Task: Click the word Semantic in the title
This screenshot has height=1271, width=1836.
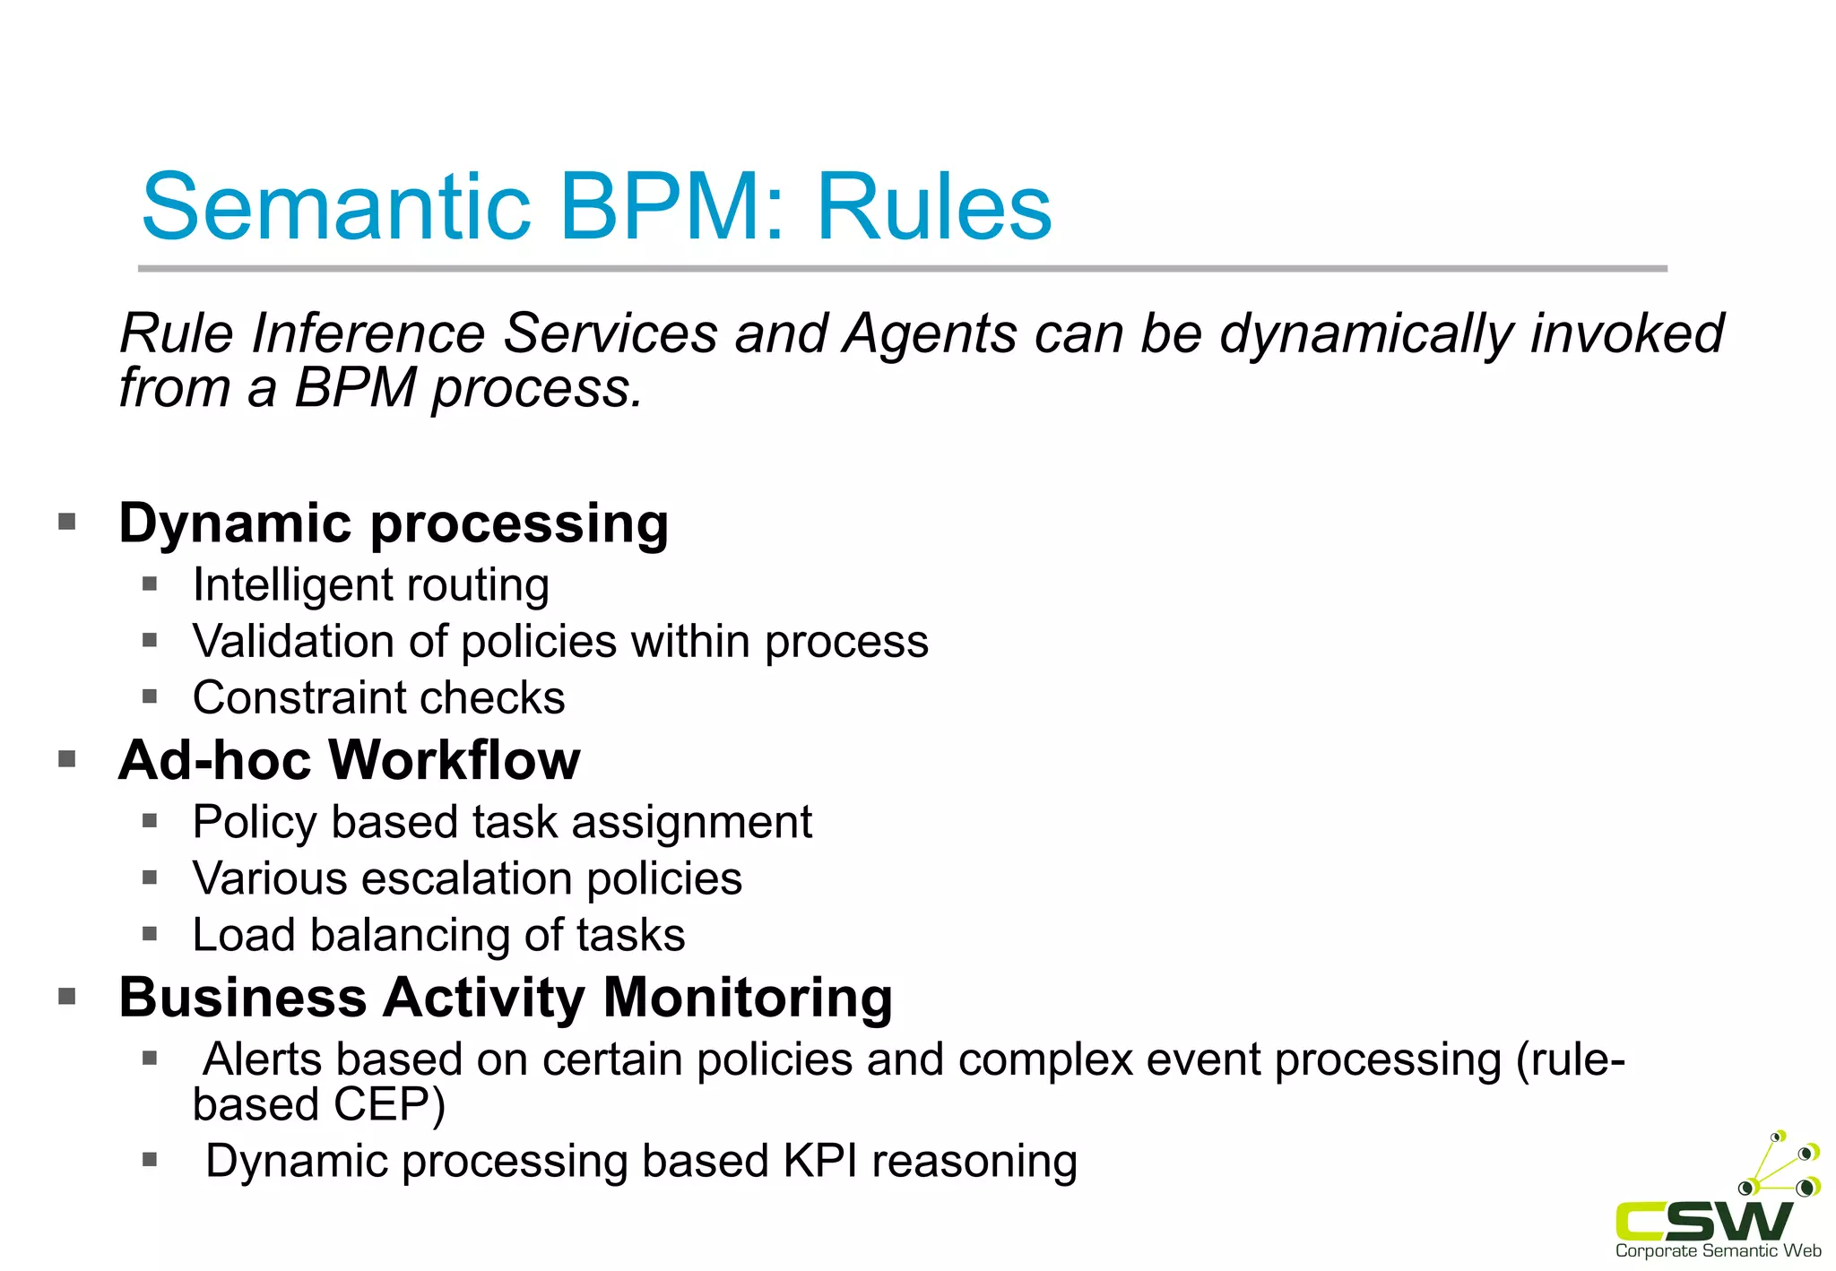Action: point(336,208)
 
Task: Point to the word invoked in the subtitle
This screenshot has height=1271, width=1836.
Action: point(1626,333)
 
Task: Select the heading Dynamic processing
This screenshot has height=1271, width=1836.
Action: point(394,523)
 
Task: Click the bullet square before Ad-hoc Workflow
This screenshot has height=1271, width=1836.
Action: point(67,760)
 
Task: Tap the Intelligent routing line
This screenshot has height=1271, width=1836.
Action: point(370,586)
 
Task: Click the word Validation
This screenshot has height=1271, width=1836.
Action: point(292,642)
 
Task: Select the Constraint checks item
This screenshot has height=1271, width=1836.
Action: point(378,698)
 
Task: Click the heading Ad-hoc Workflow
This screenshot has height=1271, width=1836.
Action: point(349,761)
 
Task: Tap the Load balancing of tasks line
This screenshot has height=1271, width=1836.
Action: point(438,936)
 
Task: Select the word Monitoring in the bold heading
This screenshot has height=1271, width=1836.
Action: point(748,998)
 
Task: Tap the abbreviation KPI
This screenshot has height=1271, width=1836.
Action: point(820,1162)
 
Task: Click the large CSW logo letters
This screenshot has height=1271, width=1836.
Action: point(1702,1221)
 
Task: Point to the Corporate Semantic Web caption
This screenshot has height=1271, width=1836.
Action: point(1718,1251)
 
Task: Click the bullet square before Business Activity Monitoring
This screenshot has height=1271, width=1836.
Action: point(67,997)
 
